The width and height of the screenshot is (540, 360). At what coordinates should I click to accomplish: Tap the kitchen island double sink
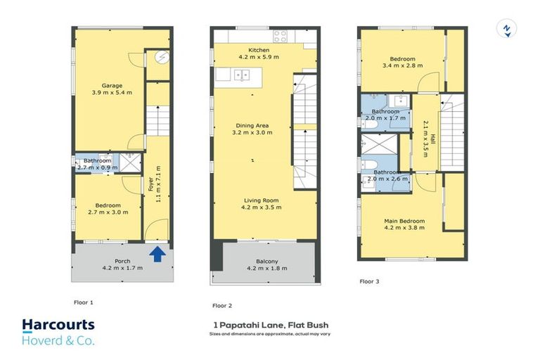242,75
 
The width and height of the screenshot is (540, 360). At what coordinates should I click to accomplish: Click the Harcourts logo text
58,326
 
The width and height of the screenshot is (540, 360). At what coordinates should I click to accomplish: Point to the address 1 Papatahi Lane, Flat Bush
271,326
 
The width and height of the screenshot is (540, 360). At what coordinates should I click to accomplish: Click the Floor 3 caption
369,281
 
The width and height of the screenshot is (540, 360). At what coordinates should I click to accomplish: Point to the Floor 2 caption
222,306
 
